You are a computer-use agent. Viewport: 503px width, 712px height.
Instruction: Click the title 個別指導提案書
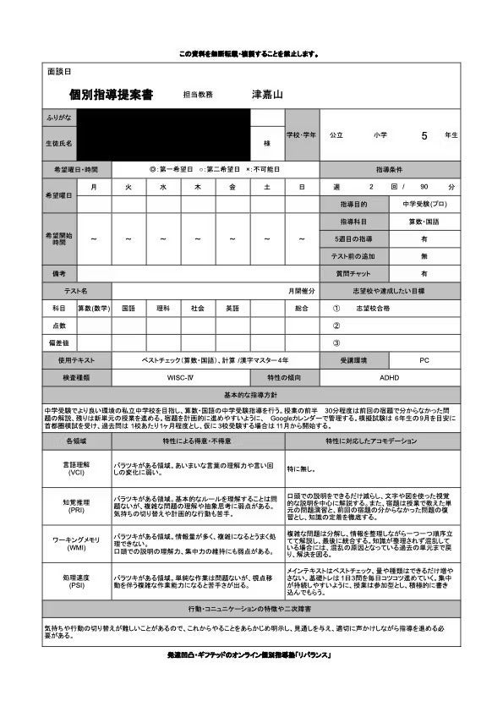pyautogui.click(x=111, y=96)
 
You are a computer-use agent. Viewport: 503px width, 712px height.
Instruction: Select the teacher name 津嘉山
pyautogui.click(x=268, y=95)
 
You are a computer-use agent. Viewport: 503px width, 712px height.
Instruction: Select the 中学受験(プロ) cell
pyautogui.click(x=425, y=204)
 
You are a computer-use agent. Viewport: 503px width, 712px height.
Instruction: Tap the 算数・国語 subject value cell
pyautogui.click(x=425, y=222)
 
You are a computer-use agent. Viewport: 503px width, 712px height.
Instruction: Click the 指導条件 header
pyautogui.click(x=391, y=169)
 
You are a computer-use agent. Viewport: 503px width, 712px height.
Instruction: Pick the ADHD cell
pyautogui.click(x=390, y=378)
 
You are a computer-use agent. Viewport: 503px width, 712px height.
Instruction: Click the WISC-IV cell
pyautogui.click(x=181, y=378)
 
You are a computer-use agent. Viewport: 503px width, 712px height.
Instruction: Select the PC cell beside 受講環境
pyautogui.click(x=424, y=360)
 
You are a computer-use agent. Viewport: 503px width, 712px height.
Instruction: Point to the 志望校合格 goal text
pyautogui.click(x=374, y=309)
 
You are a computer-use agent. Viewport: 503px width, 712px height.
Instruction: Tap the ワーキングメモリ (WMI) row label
pyautogui.click(x=76, y=543)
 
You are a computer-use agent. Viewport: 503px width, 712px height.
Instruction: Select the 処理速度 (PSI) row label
pyautogui.click(x=76, y=582)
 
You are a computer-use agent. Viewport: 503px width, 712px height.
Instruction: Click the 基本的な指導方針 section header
pyautogui.click(x=251, y=396)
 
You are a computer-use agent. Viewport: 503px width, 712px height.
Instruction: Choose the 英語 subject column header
pyautogui.click(x=232, y=309)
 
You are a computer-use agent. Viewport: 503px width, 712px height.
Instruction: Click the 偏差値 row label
pyautogui.click(x=59, y=342)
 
